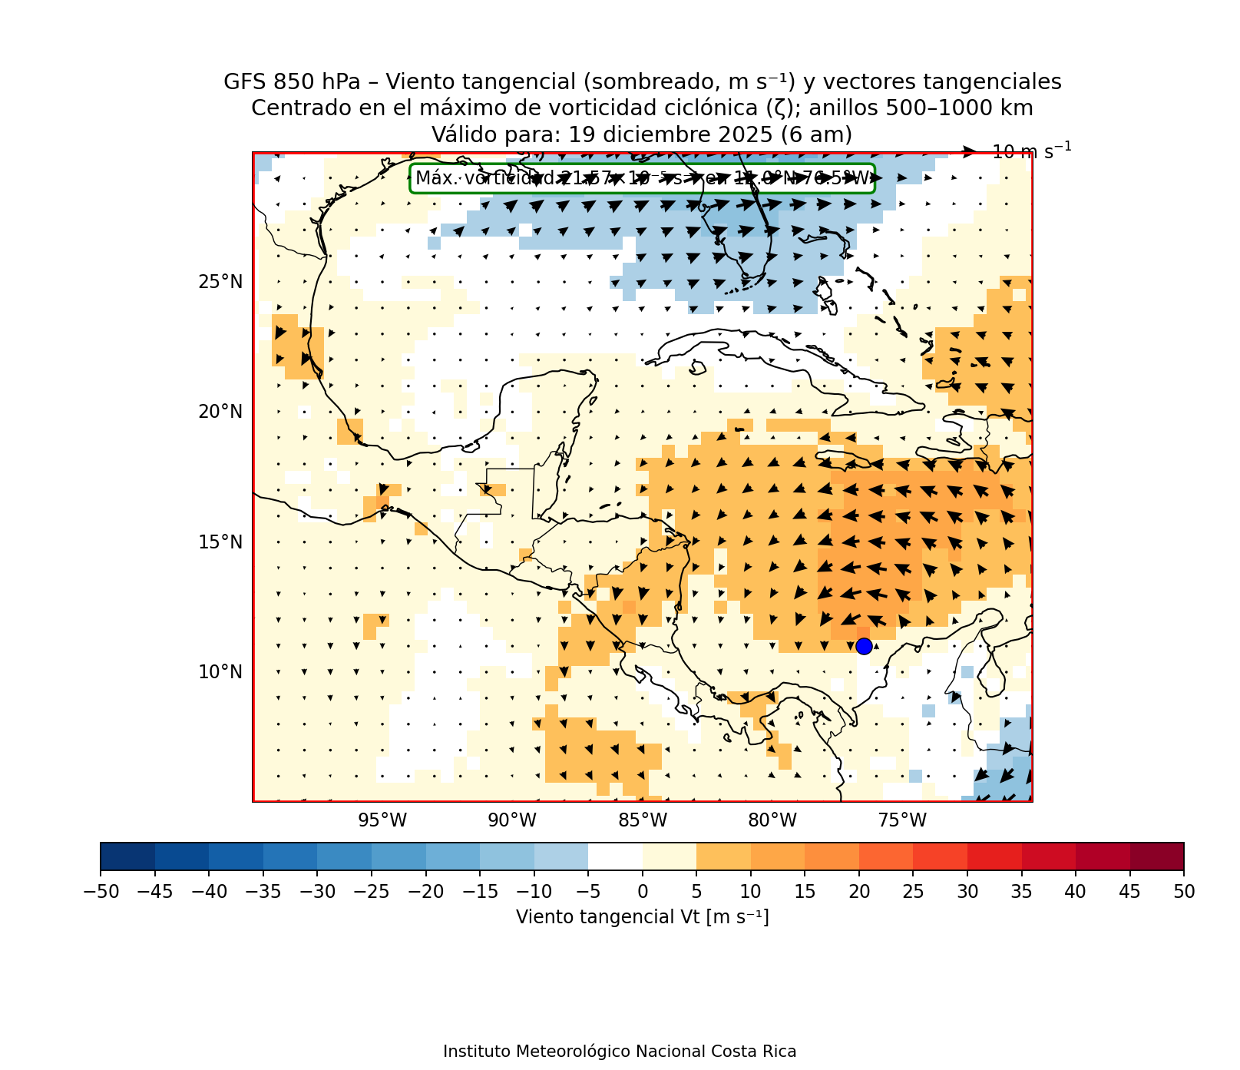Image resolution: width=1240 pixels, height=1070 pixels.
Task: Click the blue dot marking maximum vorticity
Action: (x=864, y=646)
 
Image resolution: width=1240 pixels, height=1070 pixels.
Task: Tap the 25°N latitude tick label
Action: (x=220, y=282)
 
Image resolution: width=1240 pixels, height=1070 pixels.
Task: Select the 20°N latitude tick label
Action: (x=220, y=412)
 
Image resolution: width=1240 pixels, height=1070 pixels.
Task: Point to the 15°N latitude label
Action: (x=220, y=542)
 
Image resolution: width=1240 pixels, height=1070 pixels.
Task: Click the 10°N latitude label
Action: (x=220, y=672)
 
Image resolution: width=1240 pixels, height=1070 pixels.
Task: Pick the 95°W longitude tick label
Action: (x=382, y=820)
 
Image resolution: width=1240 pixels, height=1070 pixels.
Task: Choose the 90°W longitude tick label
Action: (x=512, y=820)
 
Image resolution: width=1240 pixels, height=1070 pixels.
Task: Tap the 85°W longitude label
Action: (x=643, y=820)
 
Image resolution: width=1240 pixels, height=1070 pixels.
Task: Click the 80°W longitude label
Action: (x=772, y=820)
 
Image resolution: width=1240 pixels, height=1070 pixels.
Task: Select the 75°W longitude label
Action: (x=902, y=820)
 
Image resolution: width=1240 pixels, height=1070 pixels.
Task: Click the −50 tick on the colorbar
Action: (x=101, y=891)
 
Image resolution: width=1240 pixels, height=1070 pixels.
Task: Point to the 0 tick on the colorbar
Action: (x=643, y=891)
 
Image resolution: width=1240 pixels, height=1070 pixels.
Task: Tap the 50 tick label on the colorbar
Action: (x=1184, y=891)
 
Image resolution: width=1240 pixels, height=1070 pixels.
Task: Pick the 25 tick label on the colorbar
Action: (x=913, y=891)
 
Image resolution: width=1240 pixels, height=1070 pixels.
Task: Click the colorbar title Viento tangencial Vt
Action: (x=642, y=917)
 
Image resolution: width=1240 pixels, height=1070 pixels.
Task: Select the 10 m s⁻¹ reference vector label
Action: (x=1031, y=151)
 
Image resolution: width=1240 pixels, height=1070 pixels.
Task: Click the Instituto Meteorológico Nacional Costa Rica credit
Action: (x=620, y=1052)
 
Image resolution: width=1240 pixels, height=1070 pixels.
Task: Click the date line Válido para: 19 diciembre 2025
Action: (x=642, y=134)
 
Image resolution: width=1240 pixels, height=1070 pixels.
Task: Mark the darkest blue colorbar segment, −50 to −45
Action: (x=127, y=856)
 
